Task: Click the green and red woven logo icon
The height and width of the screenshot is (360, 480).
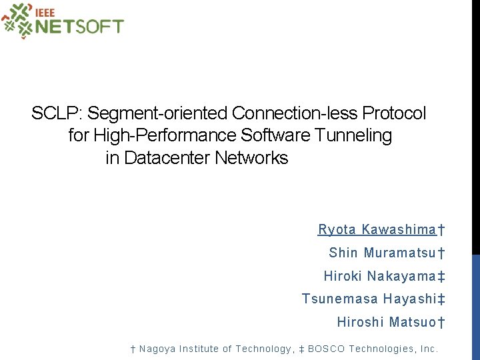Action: tap(17, 20)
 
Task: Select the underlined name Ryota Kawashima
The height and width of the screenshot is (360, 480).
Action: tap(377, 230)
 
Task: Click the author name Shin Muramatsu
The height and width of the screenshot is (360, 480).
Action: tap(383, 253)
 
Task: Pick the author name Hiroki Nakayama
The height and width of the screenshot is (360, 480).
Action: tap(380, 276)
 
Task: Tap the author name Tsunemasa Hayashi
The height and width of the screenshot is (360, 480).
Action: tap(369, 299)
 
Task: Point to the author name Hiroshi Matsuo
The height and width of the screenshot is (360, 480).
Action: tap(387, 323)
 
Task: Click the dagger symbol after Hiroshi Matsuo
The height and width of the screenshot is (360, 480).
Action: tap(441, 323)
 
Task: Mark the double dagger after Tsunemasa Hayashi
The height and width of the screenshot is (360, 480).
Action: tap(441, 299)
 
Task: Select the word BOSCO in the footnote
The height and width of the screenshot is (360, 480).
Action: tap(325, 349)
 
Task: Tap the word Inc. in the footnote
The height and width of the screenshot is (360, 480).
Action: tap(427, 349)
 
